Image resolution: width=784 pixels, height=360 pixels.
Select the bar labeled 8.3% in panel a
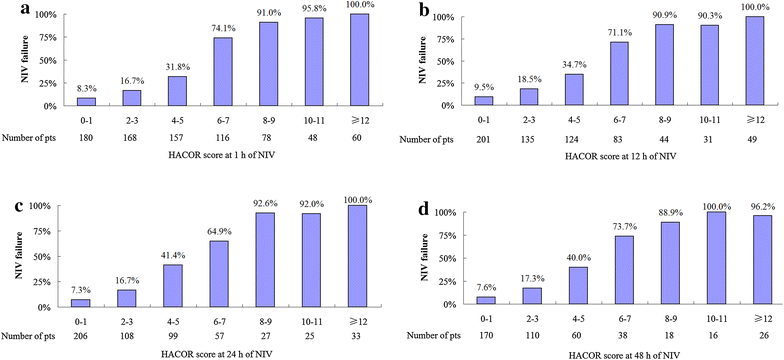click(85, 101)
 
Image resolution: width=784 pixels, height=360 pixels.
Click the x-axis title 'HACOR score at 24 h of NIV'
click(214, 353)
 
